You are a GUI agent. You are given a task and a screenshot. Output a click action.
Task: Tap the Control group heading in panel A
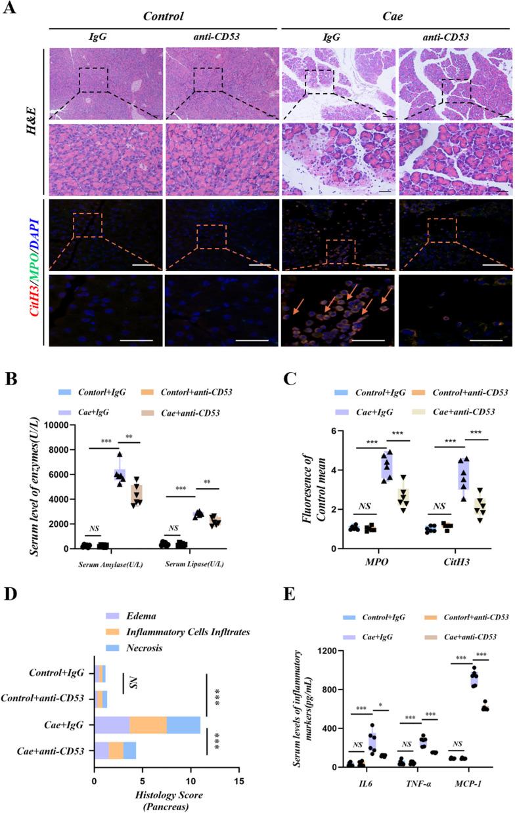pos(164,16)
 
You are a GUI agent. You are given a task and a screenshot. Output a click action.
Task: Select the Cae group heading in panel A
pos(397,16)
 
